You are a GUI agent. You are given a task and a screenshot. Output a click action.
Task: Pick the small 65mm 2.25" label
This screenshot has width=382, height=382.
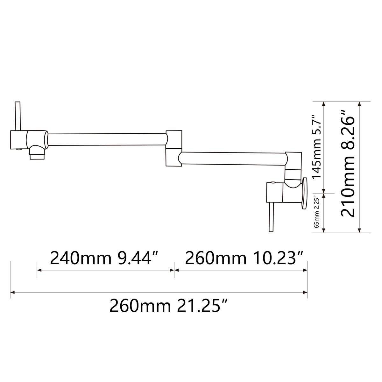coord(317,212)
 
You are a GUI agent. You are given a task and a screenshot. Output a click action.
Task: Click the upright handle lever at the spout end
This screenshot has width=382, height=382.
coord(18,116)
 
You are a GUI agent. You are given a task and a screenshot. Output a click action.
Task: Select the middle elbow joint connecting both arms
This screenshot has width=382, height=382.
coord(174,148)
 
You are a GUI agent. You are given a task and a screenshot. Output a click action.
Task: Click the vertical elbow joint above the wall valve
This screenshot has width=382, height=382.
coord(293,169)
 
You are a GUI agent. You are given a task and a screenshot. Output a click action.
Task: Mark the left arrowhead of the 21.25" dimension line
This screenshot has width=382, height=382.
coord(12,292)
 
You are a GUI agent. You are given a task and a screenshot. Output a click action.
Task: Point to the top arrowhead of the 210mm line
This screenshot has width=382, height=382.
coord(360,104)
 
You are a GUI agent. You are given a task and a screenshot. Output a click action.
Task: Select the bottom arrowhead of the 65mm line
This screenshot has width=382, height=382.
coord(324,230)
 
